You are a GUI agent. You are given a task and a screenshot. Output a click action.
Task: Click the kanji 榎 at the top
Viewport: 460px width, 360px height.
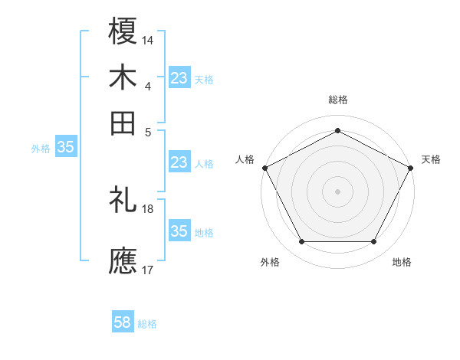[x=123, y=31]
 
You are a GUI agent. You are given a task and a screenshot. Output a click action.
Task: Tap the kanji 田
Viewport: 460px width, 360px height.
[x=123, y=123]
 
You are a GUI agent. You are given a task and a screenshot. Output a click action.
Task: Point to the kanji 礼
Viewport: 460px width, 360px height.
[x=123, y=201]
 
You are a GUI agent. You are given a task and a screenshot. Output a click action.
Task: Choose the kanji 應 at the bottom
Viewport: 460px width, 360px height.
[x=123, y=260]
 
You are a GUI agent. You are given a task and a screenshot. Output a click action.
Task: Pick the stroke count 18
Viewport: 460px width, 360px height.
[x=149, y=208]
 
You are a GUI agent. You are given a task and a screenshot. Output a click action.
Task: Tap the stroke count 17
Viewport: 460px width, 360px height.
[x=149, y=269]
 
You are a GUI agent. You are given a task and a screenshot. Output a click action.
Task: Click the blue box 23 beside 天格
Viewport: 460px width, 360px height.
[x=179, y=77]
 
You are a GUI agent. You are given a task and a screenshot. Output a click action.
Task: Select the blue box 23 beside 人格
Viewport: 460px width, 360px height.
[x=179, y=162]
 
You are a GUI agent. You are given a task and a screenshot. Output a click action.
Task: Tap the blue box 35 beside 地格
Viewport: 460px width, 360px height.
[x=179, y=231]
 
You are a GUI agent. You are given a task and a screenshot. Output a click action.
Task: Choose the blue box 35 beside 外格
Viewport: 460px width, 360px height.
[x=65, y=148]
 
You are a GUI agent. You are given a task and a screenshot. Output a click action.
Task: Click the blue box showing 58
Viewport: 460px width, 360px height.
[x=123, y=322]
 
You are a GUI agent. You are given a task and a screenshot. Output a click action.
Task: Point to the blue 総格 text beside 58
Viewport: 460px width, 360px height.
[x=148, y=324]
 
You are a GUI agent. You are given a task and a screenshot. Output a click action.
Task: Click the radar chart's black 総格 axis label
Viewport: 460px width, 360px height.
[x=338, y=100]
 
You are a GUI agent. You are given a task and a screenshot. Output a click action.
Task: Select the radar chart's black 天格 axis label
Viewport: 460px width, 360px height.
[x=431, y=159]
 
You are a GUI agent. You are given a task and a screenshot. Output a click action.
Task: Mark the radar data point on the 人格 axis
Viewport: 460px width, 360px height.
[x=264, y=167]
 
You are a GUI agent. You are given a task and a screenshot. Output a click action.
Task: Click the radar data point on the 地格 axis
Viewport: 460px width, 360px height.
[x=374, y=242]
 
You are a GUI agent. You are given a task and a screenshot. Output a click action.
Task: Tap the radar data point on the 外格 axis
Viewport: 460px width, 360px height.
[x=301, y=242]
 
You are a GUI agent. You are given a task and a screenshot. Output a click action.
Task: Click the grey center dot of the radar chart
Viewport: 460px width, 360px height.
[x=338, y=191]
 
